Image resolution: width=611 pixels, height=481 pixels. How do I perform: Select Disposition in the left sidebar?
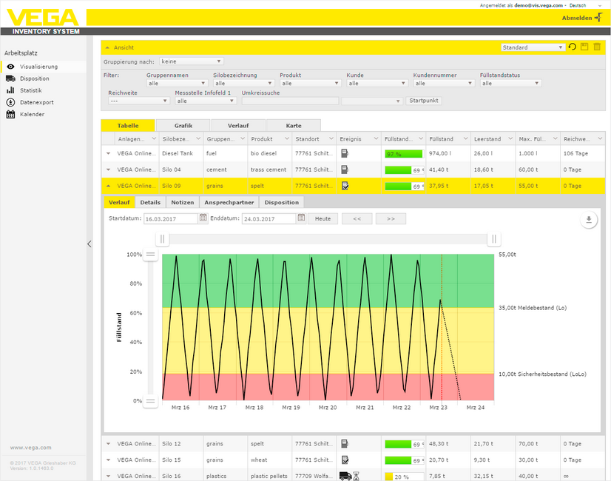[35, 78]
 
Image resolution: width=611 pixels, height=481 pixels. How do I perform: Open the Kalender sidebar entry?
[32, 115]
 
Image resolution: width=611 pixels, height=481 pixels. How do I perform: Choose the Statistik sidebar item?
[31, 90]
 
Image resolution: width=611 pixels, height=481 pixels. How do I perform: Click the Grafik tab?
[183, 126]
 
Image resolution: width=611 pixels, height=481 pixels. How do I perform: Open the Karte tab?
[294, 126]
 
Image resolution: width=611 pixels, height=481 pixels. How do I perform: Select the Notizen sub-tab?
[183, 202]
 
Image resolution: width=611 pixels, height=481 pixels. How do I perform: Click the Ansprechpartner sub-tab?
[229, 202]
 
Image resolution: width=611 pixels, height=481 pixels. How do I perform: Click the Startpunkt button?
[423, 100]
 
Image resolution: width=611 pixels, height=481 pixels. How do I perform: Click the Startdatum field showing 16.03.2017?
[170, 219]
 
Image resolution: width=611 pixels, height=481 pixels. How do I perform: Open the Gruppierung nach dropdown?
[192, 61]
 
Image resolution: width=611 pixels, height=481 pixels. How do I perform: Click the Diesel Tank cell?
[178, 153]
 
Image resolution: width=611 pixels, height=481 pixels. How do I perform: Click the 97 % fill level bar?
[403, 153]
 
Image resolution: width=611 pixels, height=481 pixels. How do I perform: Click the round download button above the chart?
[589, 220]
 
